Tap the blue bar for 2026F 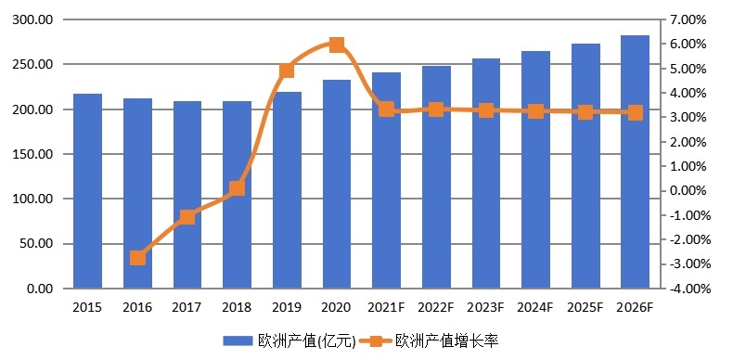click(x=635, y=162)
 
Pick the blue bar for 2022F click(x=436, y=177)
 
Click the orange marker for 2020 click(x=337, y=45)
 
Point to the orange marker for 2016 click(x=137, y=258)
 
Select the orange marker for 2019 click(x=287, y=71)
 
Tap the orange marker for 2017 click(x=187, y=217)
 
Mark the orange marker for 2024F click(x=535, y=111)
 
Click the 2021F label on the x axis click(x=386, y=307)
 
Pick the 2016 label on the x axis click(x=137, y=307)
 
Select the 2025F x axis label click(x=585, y=307)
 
